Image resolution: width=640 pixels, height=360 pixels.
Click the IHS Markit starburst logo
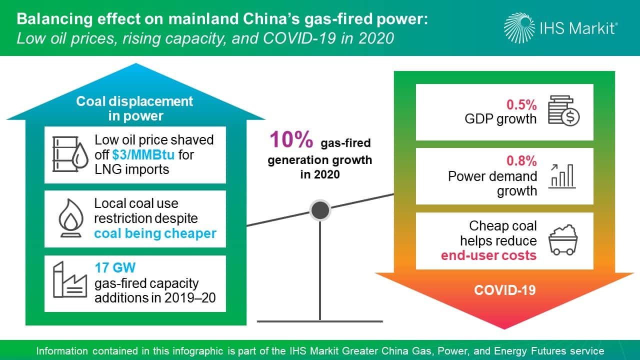coord(519,28)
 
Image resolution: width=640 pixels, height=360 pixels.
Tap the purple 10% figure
coord(291,139)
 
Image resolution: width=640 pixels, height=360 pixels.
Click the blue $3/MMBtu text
coord(143,155)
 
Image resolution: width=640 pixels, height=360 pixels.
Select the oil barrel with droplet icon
coord(70,154)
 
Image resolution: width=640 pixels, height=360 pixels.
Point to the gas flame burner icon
coord(71,218)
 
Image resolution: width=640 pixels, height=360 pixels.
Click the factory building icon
coord(70,279)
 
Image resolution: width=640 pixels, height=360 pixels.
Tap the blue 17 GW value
coord(115,267)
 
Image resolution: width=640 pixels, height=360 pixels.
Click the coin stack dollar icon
coord(563,111)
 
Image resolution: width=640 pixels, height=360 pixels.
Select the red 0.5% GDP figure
coord(521,104)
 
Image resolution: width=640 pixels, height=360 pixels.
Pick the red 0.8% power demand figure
coord(521,161)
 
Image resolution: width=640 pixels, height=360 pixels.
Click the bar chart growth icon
coord(561,176)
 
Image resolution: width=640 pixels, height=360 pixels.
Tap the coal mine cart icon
coord(563,239)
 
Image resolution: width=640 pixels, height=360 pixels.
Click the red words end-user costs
coord(488,255)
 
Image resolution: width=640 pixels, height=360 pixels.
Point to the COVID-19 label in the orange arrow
coord(505,290)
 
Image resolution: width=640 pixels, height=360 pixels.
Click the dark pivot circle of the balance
coord(320,210)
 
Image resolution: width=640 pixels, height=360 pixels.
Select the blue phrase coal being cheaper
coord(155,233)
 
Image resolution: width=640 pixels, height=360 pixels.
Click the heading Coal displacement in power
coord(135,108)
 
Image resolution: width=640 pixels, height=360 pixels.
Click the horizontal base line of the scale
coord(320,321)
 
